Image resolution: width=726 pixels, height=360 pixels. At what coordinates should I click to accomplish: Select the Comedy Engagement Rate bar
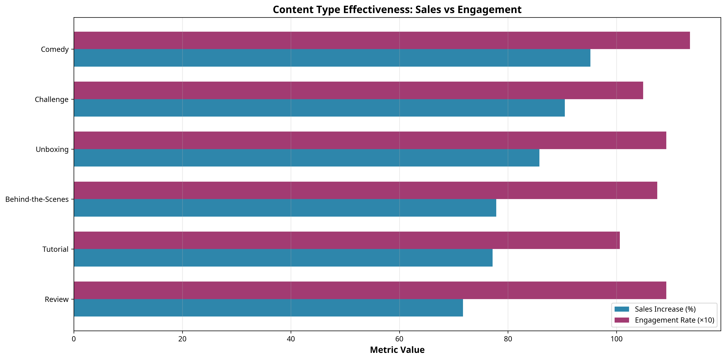(x=382, y=40)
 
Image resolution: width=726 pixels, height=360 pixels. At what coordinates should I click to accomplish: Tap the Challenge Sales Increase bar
(x=319, y=108)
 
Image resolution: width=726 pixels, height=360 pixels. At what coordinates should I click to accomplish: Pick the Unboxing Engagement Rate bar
(x=370, y=140)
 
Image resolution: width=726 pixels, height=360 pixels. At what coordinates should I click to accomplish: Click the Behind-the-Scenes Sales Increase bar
(x=285, y=208)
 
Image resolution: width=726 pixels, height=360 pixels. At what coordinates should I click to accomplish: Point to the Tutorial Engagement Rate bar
(x=347, y=240)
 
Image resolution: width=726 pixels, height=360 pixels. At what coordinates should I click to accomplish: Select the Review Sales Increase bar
(x=268, y=308)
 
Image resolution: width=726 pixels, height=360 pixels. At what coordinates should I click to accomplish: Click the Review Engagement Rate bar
(x=370, y=290)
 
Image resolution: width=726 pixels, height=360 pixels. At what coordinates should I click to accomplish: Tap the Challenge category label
(x=52, y=99)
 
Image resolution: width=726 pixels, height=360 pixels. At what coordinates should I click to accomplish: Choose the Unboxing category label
(x=52, y=149)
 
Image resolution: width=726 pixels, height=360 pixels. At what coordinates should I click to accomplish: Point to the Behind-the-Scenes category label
(x=37, y=199)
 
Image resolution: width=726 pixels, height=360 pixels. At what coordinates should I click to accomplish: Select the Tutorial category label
(x=56, y=249)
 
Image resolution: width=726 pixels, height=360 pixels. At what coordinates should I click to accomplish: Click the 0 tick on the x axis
(x=74, y=339)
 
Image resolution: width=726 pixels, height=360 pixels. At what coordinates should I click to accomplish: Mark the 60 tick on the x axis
(x=399, y=339)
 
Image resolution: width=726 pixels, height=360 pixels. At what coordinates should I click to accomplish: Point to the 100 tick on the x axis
(x=616, y=339)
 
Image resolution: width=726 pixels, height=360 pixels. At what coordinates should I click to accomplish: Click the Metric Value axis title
(x=397, y=350)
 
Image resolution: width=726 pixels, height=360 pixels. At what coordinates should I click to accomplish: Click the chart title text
(x=397, y=10)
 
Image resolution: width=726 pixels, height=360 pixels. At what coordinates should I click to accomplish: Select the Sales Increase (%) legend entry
(x=665, y=309)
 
